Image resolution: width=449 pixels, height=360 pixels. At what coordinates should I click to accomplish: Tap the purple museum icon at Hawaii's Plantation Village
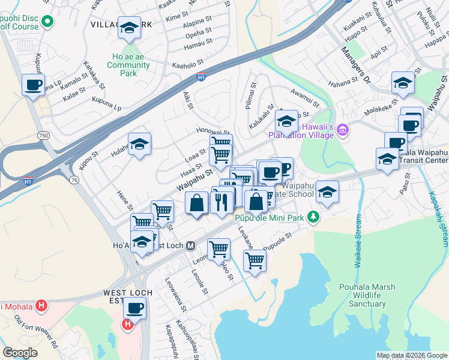(x=343, y=129)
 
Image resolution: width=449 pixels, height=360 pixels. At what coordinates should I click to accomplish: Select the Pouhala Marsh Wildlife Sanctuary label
(x=367, y=295)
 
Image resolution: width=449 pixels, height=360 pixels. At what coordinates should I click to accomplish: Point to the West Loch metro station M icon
(x=190, y=245)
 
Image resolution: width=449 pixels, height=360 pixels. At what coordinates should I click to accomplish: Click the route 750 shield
(x=43, y=136)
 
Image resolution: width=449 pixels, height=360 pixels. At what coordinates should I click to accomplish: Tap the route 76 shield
(x=74, y=179)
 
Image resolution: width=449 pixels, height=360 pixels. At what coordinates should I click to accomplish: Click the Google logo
(x=20, y=353)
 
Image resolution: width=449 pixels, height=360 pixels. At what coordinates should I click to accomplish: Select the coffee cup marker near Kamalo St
(x=33, y=84)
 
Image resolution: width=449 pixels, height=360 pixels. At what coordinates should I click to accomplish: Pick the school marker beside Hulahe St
(x=139, y=144)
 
